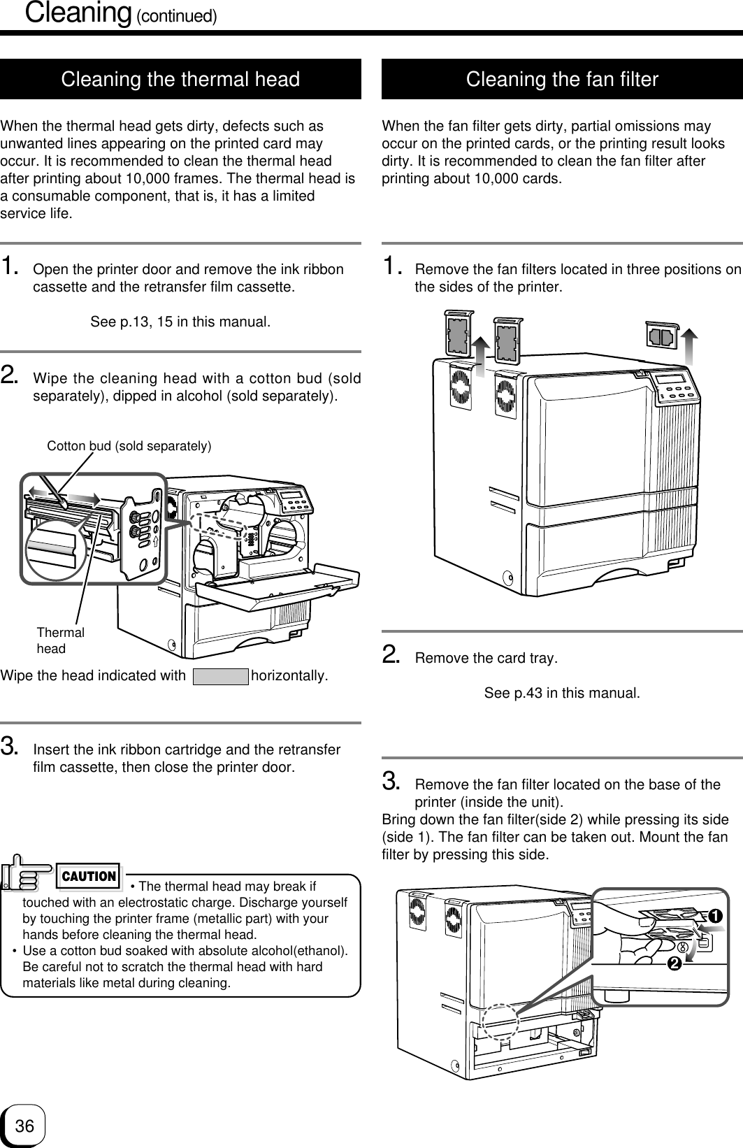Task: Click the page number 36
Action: point(24,1126)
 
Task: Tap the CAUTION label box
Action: point(89,876)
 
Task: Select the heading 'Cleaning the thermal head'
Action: point(180,80)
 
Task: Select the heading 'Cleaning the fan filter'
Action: point(562,80)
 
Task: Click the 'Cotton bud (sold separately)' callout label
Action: point(129,446)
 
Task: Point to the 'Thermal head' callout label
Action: point(61,640)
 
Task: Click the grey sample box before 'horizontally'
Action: point(221,677)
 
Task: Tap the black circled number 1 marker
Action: point(715,916)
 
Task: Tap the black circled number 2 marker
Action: point(675,964)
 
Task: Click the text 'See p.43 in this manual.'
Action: point(562,693)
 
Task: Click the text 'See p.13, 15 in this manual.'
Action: point(180,322)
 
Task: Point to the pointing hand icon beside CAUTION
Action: point(27,873)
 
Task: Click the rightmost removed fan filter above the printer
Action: point(662,336)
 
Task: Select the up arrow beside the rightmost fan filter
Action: point(690,347)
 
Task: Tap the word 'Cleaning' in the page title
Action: point(78,13)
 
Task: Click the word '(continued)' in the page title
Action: point(177,16)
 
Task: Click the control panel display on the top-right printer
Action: point(671,379)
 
